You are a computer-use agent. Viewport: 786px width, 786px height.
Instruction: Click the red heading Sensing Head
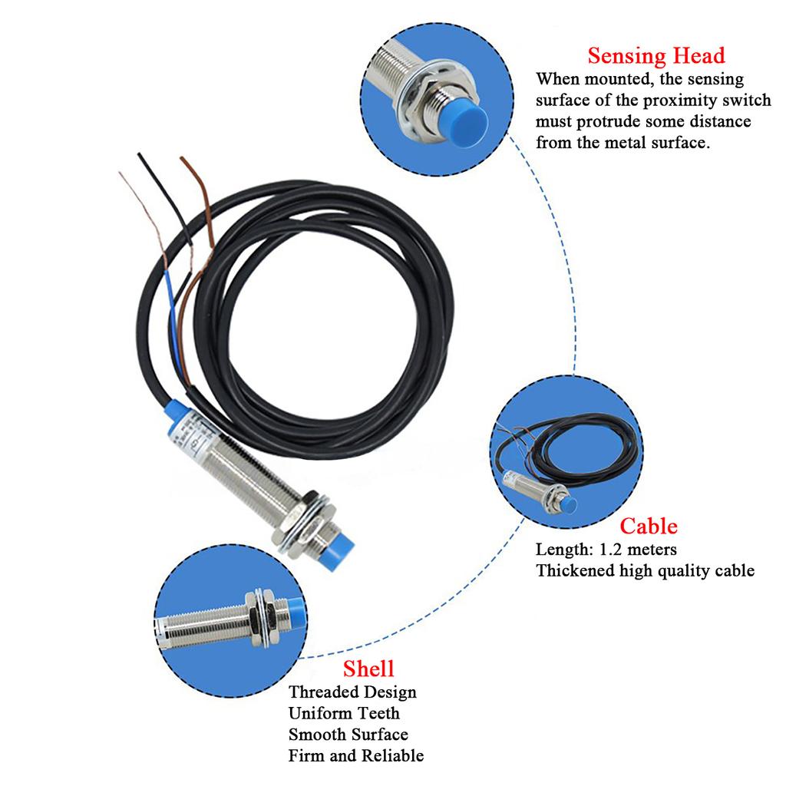[x=656, y=56]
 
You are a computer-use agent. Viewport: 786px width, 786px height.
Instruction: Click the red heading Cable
[x=649, y=526]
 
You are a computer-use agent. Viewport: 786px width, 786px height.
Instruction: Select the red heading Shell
[x=368, y=667]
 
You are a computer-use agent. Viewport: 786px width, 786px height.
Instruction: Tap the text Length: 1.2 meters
[x=606, y=549]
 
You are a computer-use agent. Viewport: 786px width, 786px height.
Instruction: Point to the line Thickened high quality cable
[x=645, y=570]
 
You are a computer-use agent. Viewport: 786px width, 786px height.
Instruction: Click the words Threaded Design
[x=352, y=692]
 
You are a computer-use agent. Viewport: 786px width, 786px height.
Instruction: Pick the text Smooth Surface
[x=348, y=735]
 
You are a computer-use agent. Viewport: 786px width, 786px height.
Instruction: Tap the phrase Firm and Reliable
[x=355, y=756]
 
